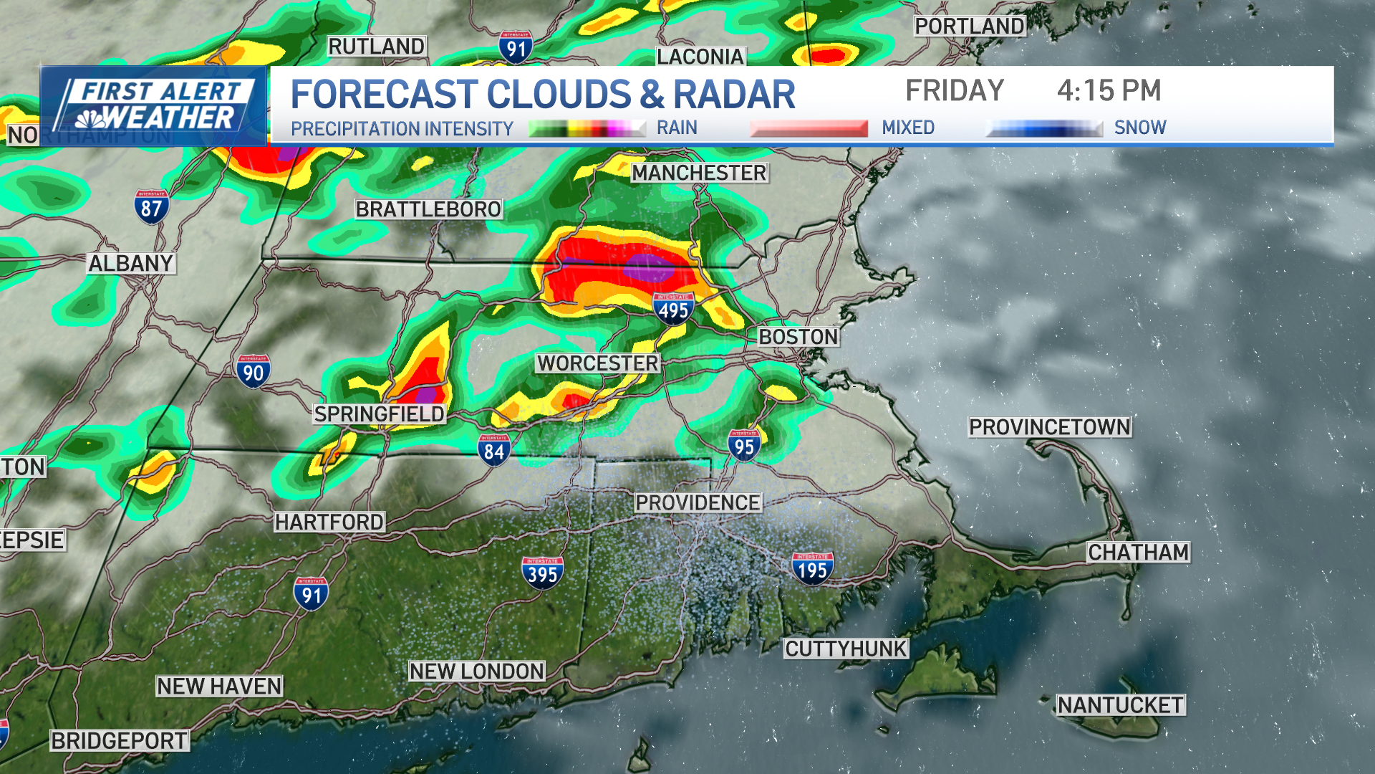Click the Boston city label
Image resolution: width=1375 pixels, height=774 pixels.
798,337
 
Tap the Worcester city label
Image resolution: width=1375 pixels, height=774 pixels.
598,363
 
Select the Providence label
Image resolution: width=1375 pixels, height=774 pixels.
698,503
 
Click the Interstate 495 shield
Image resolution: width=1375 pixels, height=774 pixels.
673,309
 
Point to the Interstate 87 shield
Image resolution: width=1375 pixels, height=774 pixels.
151,207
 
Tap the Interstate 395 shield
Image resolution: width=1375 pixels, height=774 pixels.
542,573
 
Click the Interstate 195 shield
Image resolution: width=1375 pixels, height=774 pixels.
812,569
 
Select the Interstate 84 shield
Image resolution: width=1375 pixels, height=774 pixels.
494,450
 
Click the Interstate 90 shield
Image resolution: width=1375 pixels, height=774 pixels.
253,371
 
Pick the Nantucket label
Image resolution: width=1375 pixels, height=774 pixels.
1120,705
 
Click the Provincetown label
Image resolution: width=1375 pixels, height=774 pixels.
1049,427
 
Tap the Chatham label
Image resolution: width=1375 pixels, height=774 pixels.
1138,553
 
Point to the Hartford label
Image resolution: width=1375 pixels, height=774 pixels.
329,522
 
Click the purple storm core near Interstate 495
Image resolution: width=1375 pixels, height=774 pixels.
649,268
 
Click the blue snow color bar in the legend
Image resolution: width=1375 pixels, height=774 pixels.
1044,129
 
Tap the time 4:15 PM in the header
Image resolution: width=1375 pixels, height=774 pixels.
1109,91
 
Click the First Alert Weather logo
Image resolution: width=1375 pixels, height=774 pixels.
153,106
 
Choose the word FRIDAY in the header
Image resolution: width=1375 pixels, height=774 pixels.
955,91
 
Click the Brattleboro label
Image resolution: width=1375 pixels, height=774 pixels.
428,209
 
